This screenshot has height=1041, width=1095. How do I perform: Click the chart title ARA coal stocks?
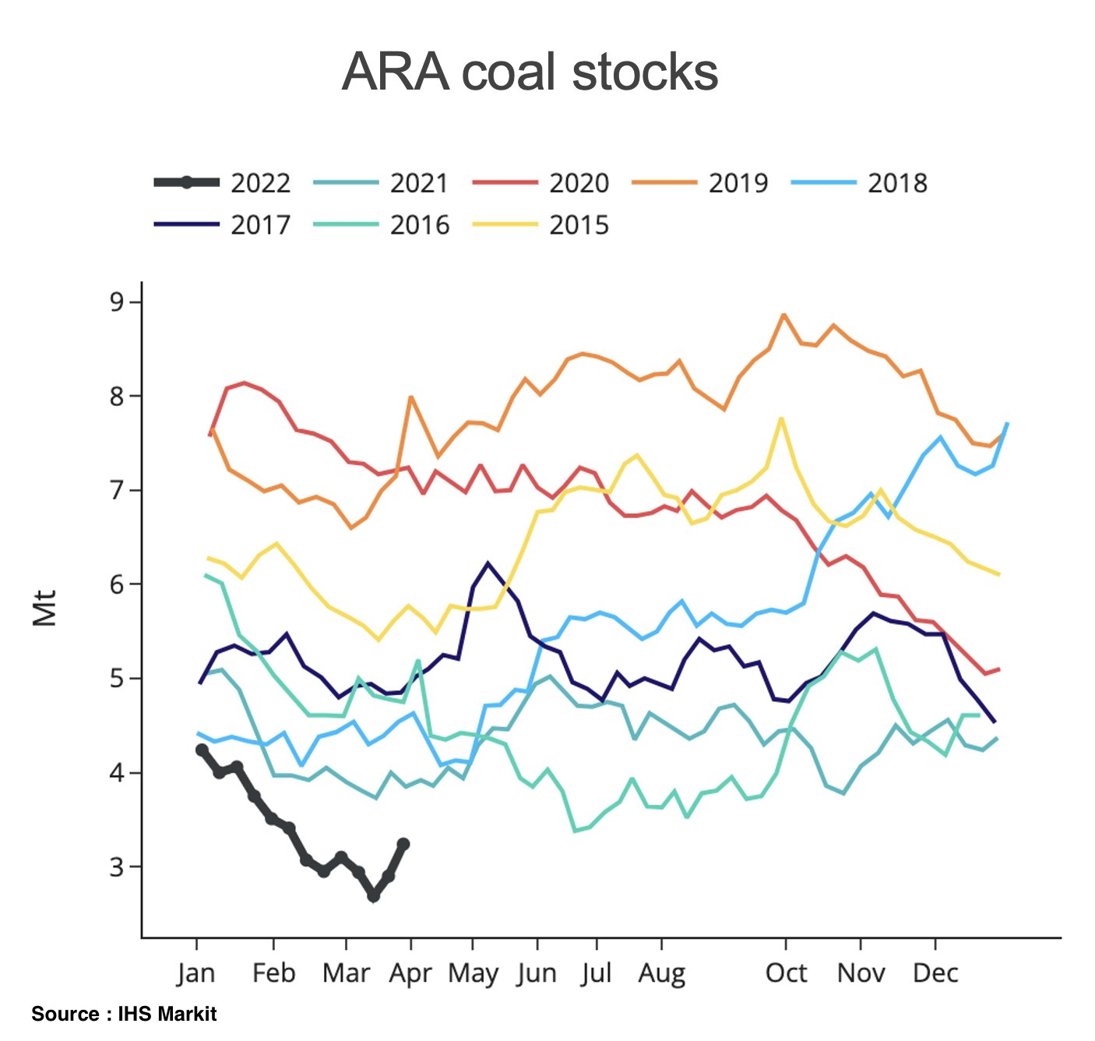(530, 72)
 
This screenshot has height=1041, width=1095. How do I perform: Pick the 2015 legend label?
(579, 225)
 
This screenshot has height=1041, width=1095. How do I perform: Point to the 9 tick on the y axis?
(118, 302)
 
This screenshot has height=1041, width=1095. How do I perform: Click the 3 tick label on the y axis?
(118, 866)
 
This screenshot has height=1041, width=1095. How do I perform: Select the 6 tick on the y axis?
(118, 584)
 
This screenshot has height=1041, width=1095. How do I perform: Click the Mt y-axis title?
(45, 608)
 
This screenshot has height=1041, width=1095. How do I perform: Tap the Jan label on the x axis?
(196, 973)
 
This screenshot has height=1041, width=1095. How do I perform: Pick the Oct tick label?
(786, 973)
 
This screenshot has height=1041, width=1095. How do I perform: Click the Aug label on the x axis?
(662, 973)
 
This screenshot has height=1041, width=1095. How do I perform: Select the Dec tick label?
(935, 973)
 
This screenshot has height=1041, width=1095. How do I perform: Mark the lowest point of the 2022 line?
(374, 897)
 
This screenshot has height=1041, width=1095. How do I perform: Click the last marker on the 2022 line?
(403, 844)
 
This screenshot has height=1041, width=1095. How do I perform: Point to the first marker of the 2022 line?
(202, 750)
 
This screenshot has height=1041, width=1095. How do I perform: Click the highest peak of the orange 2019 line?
(784, 315)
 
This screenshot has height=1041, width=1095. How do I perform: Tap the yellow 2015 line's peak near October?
(781, 418)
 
